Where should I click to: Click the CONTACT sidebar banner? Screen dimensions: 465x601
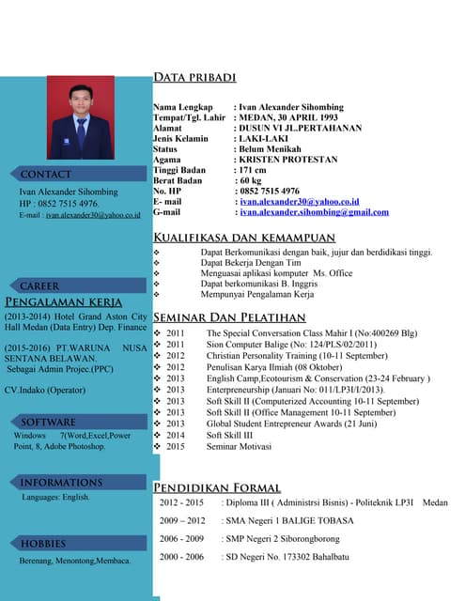[47, 174]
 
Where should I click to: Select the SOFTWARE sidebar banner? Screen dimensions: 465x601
[49, 422]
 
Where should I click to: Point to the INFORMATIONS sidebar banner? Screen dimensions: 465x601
[61, 483]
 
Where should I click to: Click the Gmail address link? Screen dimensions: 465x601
[314, 212]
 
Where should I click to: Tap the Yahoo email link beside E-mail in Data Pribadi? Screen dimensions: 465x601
[299, 201]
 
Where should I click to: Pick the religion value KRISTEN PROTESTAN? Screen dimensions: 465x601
[287, 160]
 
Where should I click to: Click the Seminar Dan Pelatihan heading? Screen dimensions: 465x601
[229, 317]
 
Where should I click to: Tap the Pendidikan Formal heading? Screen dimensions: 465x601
[217, 486]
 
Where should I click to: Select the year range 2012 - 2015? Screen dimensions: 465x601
[181, 503]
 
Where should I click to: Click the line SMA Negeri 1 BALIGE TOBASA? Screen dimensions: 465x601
[287, 520]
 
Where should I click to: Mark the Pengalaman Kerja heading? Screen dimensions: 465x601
[64, 302]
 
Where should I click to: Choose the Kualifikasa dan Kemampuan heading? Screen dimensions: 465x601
[244, 237]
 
